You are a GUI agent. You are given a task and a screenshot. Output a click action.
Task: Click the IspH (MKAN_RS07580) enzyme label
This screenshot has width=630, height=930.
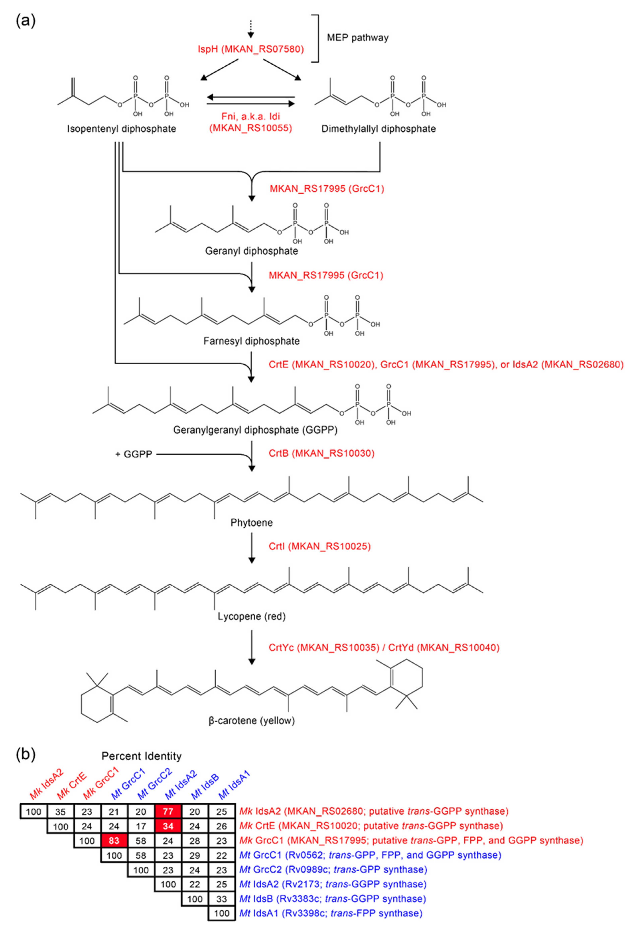pos(251,49)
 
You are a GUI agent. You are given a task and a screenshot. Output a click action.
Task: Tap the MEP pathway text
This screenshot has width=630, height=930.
pos(357,38)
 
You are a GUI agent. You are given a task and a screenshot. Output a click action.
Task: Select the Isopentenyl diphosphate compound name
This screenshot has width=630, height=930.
pos(121,129)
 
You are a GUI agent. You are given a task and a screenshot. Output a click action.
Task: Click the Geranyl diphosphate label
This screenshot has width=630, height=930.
pos(251,251)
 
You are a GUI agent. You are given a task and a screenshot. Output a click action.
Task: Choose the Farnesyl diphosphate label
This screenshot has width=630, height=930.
pos(251,341)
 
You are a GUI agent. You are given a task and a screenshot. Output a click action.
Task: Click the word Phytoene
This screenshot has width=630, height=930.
pos(251,523)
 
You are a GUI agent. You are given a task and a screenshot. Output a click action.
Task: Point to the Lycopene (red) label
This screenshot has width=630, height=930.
pos(251,616)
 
